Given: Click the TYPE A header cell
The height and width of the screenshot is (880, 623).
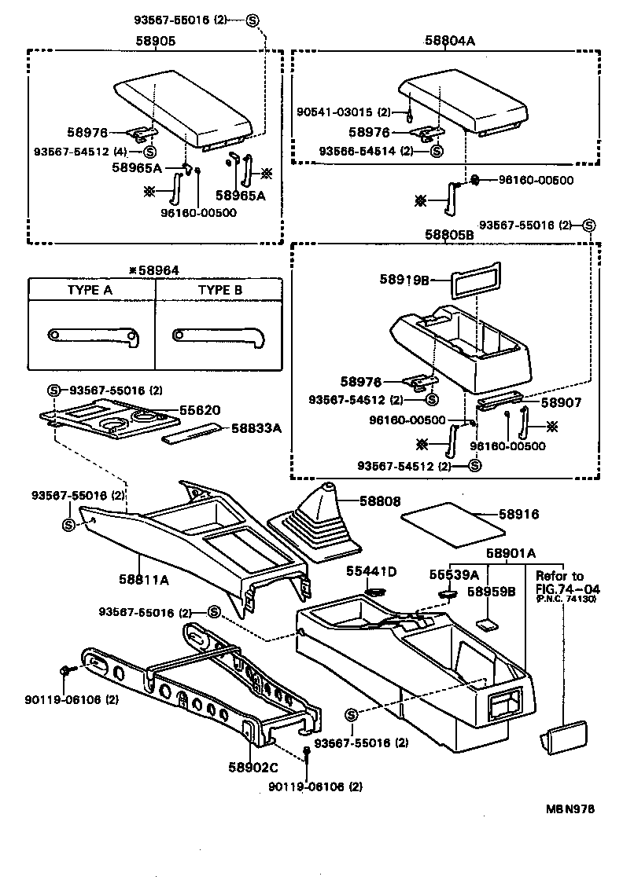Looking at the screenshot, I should [90, 290].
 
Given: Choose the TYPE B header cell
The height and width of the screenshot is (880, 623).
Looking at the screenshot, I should [219, 290].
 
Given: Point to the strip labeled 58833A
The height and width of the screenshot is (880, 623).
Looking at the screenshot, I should [193, 434].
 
